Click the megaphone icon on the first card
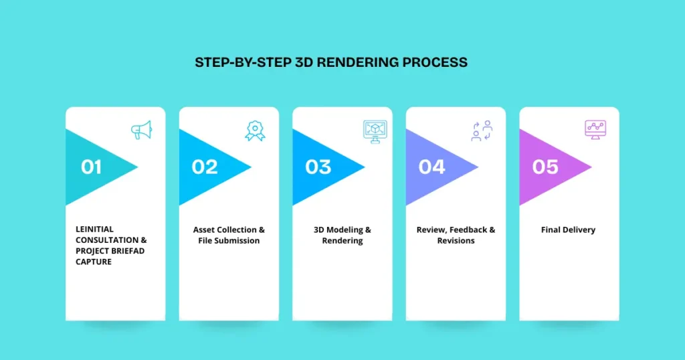[141, 130]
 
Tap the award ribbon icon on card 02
[255, 130]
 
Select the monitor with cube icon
[375, 130]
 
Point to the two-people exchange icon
[482, 130]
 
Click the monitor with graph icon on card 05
[595, 130]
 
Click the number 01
[92, 167]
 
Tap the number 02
[205, 167]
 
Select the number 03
[318, 167]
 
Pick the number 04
[431, 167]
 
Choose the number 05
[545, 167]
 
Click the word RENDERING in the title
[355, 62]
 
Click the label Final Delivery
[568, 230]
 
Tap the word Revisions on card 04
[456, 240]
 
